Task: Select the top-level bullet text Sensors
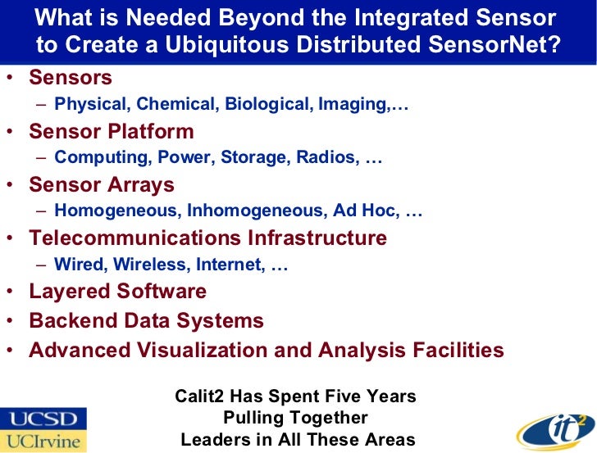point(71,78)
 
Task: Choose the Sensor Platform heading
point(112,131)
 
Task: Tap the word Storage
point(255,157)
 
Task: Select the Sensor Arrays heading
point(102,184)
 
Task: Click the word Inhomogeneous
point(255,211)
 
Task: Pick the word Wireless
point(155,265)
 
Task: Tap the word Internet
point(230,265)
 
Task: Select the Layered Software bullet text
point(118,292)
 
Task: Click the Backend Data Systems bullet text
point(147,321)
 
